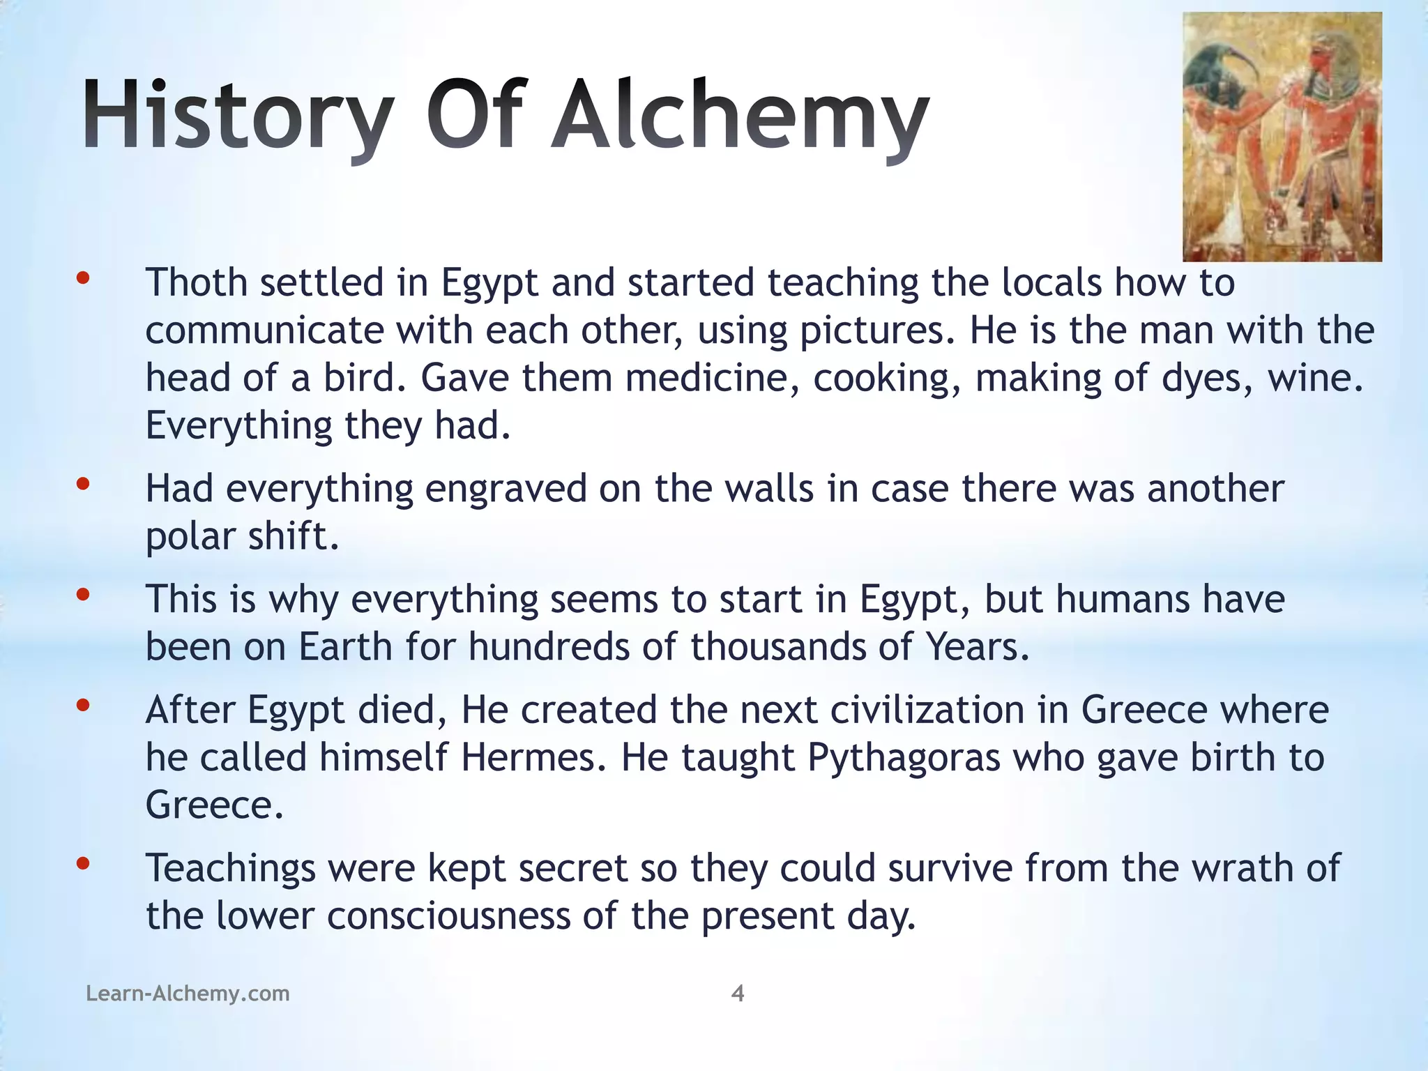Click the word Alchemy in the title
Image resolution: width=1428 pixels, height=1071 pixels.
click(x=739, y=115)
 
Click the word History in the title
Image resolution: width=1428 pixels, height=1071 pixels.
click(x=237, y=115)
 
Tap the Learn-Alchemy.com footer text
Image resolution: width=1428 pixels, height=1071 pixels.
click(x=188, y=993)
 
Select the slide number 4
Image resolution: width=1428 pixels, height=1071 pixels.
click(x=738, y=993)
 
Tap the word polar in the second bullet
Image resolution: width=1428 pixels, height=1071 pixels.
click(x=181, y=537)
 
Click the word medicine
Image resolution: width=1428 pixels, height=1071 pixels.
click(x=712, y=378)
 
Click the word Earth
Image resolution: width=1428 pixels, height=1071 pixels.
click(x=346, y=646)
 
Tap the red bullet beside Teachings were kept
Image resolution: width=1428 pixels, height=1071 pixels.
click(x=83, y=864)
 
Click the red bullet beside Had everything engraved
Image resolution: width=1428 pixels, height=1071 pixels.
click(x=83, y=484)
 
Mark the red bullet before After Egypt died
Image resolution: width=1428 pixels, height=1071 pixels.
click(x=83, y=706)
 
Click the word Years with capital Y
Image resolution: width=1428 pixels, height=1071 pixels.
click(x=977, y=646)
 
